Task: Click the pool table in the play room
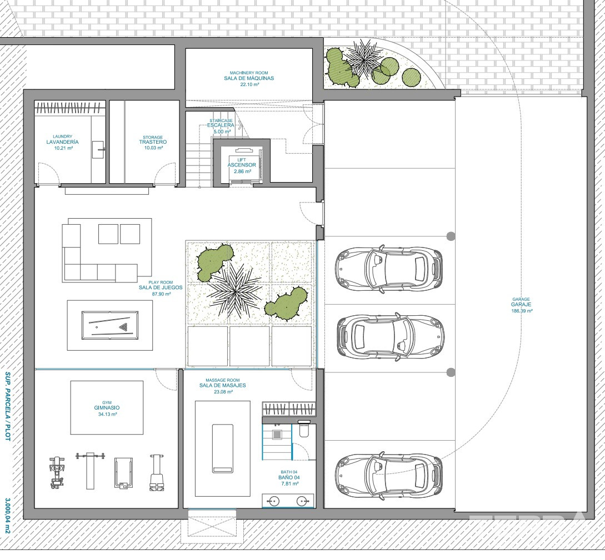tap(110, 325)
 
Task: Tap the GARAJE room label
tap(521, 305)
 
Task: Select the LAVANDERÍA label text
tap(63, 142)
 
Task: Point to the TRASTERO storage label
tap(153, 142)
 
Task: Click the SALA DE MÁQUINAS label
tap(249, 78)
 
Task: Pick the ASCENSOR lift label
tap(242, 165)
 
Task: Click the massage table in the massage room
tap(223, 448)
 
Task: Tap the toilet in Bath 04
tap(304, 430)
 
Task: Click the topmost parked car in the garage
tap(388, 267)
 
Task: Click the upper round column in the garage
tap(451, 236)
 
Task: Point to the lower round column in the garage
tap(451, 372)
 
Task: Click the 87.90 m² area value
tap(161, 294)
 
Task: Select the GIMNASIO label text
tap(107, 408)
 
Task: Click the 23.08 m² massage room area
tap(223, 392)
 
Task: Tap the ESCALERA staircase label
tap(221, 125)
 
